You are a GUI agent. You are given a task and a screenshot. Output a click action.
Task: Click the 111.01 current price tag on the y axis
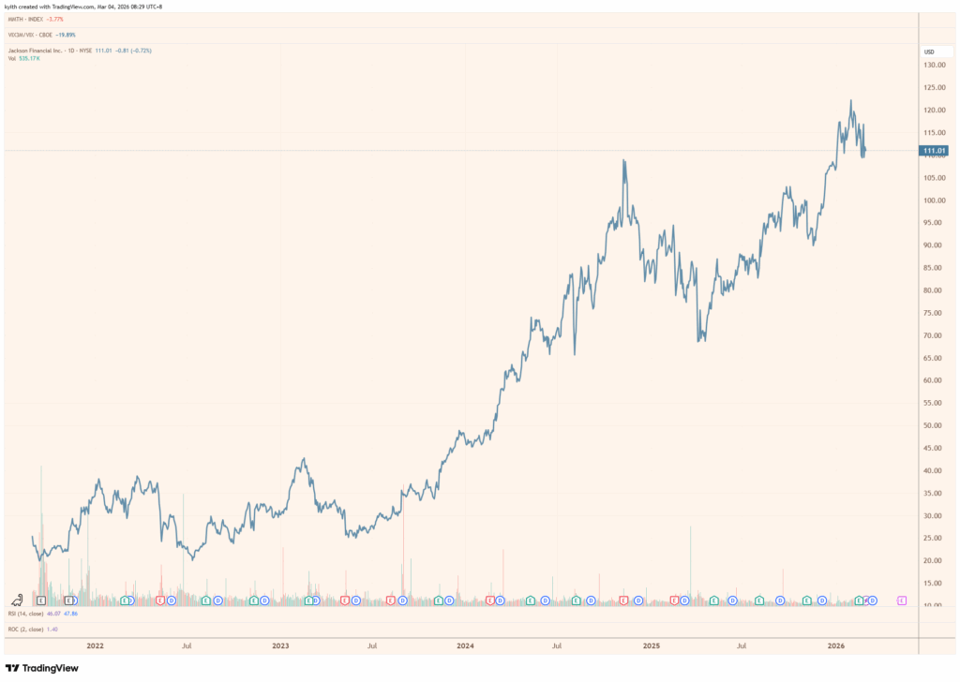point(935,150)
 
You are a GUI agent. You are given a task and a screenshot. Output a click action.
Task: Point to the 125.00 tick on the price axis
point(935,87)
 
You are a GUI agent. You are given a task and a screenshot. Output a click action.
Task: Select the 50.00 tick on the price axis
point(933,425)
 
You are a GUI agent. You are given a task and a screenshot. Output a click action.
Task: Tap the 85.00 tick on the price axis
point(933,268)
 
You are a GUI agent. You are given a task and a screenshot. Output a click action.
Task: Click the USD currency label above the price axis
point(929,52)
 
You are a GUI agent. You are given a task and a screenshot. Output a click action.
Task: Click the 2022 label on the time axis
point(95,645)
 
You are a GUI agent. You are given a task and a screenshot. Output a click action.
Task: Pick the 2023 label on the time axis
point(280,645)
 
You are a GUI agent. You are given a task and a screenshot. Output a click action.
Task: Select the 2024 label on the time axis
point(466,645)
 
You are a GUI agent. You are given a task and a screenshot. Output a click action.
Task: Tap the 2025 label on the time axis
point(652,645)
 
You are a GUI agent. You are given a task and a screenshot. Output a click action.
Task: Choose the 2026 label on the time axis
point(837,645)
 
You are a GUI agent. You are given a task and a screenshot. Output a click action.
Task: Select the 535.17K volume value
point(31,58)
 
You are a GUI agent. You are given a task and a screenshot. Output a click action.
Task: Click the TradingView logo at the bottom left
point(42,668)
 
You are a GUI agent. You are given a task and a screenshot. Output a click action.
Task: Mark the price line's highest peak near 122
point(850,101)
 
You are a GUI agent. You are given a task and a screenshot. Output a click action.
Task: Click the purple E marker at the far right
point(902,600)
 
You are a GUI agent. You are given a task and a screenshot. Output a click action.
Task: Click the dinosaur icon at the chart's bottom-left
point(17,599)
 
